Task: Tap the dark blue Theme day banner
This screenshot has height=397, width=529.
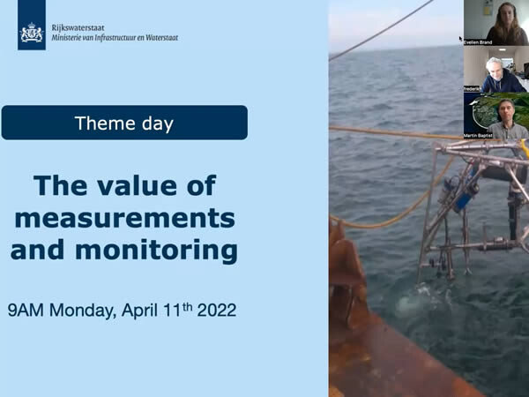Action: tap(124, 123)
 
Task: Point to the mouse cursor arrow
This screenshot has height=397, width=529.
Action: tap(461, 39)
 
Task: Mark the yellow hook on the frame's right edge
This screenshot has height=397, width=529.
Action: tap(524, 148)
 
